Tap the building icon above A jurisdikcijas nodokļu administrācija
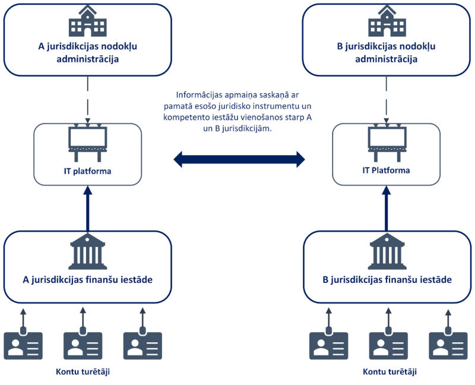pyautogui.click(x=87, y=23)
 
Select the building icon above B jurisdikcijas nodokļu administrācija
pyautogui.click(x=387, y=23)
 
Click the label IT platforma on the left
pyautogui.click(x=87, y=171)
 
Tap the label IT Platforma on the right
pyautogui.click(x=386, y=171)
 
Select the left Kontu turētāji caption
pyautogui.click(x=83, y=372)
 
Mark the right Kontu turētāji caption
pyautogui.click(x=389, y=372)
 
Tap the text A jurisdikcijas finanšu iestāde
pyautogui.click(x=87, y=280)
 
